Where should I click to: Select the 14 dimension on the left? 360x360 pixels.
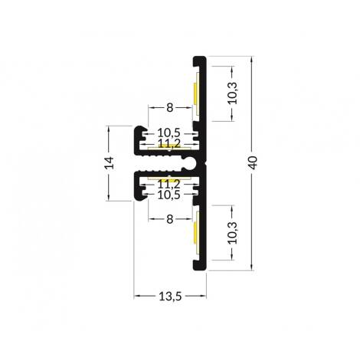click(110, 162)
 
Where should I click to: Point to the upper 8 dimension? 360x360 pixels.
click(170, 108)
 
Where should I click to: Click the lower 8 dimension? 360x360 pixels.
click(170, 219)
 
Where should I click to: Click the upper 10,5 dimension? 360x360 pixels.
click(169, 133)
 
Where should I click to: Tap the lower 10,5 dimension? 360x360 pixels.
click(169, 195)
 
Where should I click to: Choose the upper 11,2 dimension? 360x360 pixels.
click(169, 142)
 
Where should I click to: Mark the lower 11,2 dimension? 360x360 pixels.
click(169, 185)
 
